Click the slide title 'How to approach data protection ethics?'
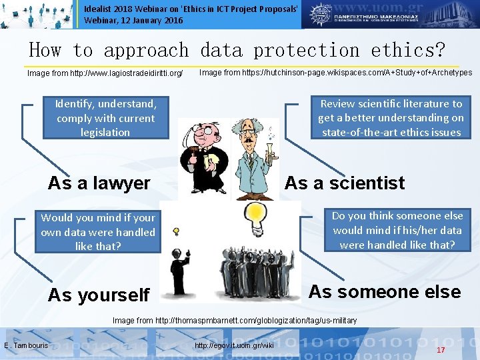click(x=237, y=50)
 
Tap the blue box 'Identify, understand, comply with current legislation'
click(x=105, y=118)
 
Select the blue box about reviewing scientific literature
click(x=390, y=118)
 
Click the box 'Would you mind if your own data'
click(x=97, y=232)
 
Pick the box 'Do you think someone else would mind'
click(x=397, y=230)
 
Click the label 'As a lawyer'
click(x=99, y=183)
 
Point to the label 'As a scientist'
click(x=344, y=183)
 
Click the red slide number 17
click(x=441, y=350)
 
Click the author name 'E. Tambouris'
click(x=26, y=345)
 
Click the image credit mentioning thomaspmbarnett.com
click(x=235, y=321)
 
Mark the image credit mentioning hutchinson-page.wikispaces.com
click(x=335, y=73)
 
